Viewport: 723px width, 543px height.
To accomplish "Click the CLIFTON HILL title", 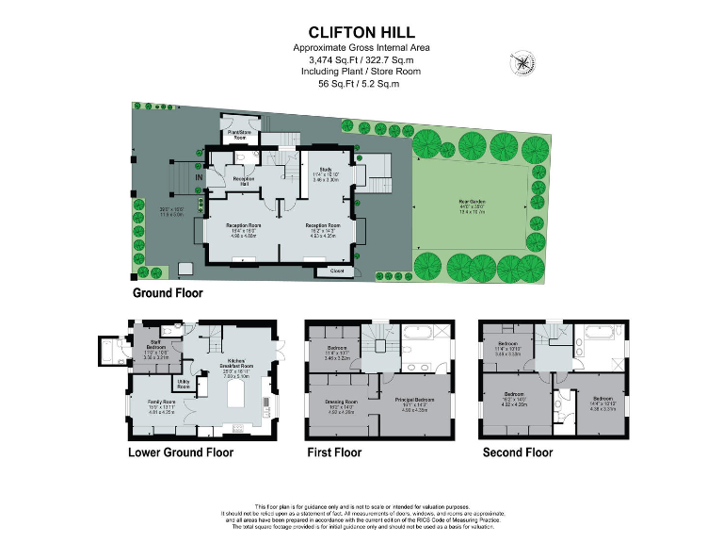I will pos(361,32).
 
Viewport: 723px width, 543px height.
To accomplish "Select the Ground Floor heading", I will pos(167,293).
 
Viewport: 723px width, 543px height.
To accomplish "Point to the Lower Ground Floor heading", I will pos(181,452).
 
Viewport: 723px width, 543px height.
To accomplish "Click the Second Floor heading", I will pos(517,452).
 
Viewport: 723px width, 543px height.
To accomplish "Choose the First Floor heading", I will pos(334,452).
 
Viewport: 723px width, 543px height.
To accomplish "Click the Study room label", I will pos(314,171).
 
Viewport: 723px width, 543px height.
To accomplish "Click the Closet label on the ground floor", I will pos(336,271).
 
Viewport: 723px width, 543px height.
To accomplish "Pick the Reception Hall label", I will pos(244,180).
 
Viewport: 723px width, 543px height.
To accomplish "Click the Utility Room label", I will pos(185,384).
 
